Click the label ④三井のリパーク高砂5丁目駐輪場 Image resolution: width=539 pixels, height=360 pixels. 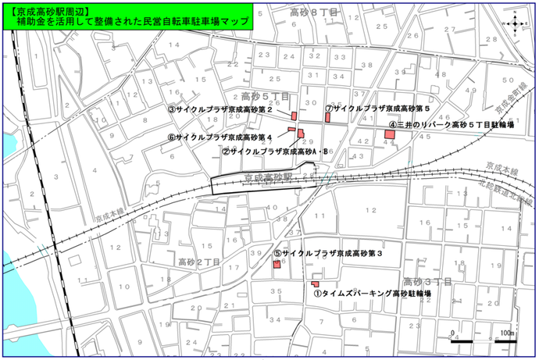click(x=454, y=124)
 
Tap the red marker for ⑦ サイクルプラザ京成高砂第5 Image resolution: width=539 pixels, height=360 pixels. click(x=329, y=117)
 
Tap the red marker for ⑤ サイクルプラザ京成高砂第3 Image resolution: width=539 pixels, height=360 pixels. click(x=277, y=265)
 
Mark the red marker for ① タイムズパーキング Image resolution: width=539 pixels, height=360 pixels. click(x=316, y=283)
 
